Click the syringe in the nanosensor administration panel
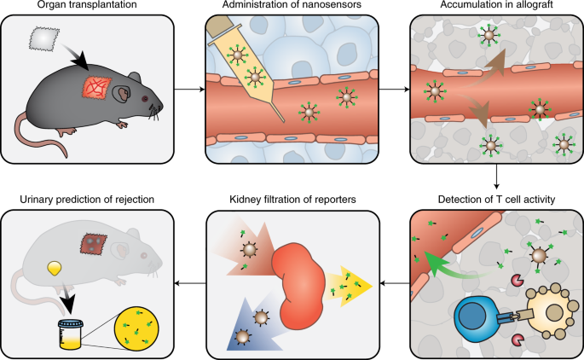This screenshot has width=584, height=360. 242,65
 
